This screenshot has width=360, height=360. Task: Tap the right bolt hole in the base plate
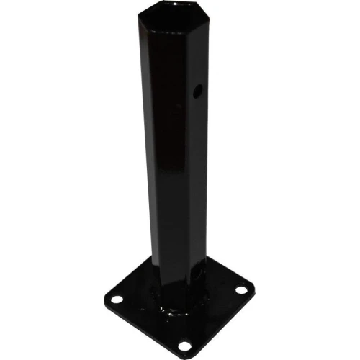tap(240, 289)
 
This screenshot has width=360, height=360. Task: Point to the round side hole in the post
tap(196, 91)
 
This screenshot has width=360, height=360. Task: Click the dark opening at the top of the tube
tap(170, 19)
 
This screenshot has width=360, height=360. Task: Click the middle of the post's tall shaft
tap(173, 158)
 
